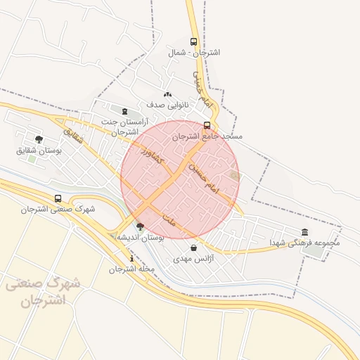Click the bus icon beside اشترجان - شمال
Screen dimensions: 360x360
click(194, 42)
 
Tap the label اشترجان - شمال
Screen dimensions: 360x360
click(194, 53)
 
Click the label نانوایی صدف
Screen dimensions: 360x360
click(165, 105)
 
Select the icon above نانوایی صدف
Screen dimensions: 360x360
click(167, 94)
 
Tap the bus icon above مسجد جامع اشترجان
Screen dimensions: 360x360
click(207, 125)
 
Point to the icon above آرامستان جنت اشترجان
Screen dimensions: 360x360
click(125, 111)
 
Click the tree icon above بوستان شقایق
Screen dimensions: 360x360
click(38, 139)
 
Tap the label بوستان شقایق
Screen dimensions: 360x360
click(39, 150)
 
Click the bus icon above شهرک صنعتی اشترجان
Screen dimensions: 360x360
click(58, 198)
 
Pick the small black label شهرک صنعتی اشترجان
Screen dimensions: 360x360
click(58, 209)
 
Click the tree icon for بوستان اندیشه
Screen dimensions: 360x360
click(139, 226)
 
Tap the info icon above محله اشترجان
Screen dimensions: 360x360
click(131, 258)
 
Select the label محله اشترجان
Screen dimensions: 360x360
click(131, 269)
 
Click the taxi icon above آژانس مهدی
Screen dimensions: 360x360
click(193, 248)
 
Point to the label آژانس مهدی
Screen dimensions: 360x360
click(193, 259)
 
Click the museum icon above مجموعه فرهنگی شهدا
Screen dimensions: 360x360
click(304, 232)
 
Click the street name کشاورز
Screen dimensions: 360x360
click(152, 155)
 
